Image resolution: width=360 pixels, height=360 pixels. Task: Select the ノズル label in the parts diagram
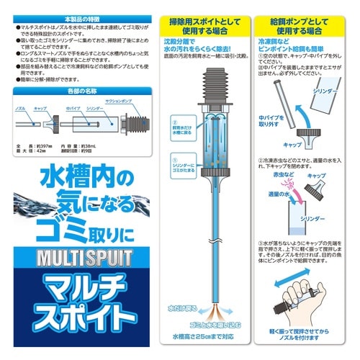[23, 105]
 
